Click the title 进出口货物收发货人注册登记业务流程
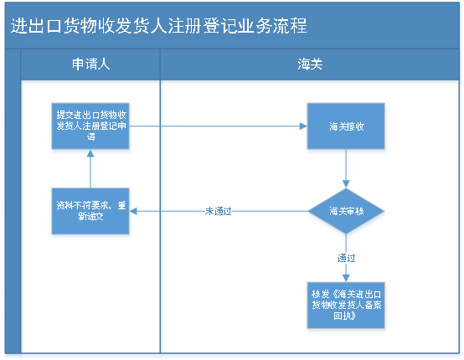click(x=158, y=26)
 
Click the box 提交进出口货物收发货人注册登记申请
click(x=91, y=127)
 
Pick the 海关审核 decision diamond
click(x=346, y=211)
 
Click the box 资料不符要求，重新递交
click(x=91, y=211)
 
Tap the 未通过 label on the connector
click(x=218, y=211)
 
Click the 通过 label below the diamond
click(x=346, y=257)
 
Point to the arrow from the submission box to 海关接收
click(x=218, y=127)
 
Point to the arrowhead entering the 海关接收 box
click(x=301, y=127)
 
